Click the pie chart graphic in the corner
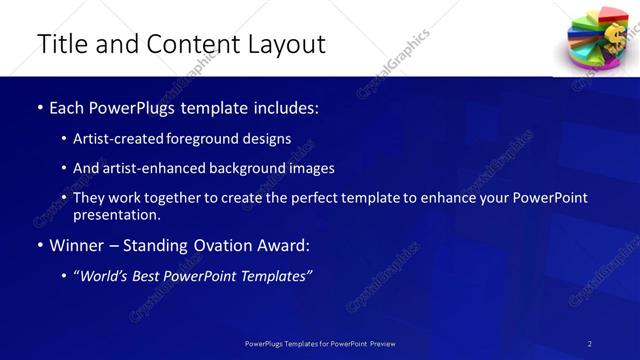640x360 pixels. (598, 39)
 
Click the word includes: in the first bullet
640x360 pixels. (288, 108)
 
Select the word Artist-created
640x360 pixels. (123, 139)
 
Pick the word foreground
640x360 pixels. (212, 139)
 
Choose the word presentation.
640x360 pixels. (116, 214)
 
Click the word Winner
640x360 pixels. (78, 245)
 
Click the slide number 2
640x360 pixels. (590, 343)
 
